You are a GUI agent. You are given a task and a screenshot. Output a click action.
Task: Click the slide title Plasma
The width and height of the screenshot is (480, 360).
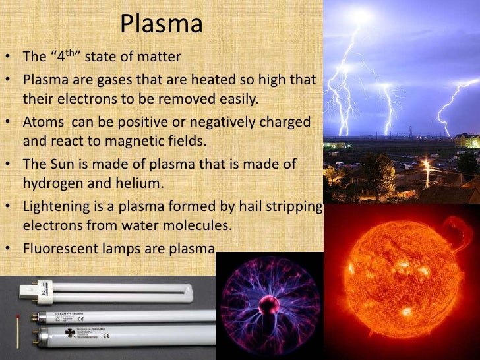161,25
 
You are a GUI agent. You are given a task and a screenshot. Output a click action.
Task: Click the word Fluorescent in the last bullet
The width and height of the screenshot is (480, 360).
58,249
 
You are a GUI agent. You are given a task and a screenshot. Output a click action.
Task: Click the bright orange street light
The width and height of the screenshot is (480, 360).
427,163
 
